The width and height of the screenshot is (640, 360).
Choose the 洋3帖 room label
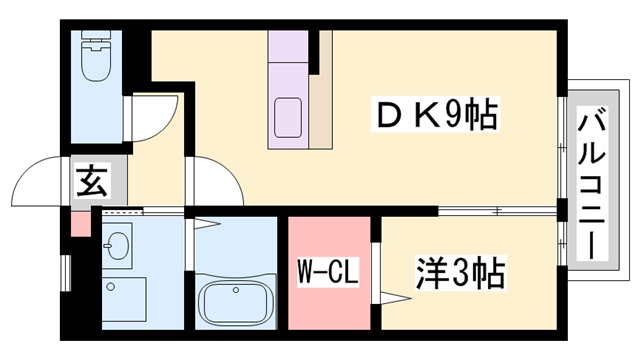coord(459,270)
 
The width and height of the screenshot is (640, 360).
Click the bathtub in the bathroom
coord(235,300)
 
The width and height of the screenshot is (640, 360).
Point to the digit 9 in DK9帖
coord(455,117)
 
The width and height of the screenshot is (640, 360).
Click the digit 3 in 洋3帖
coord(462,270)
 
